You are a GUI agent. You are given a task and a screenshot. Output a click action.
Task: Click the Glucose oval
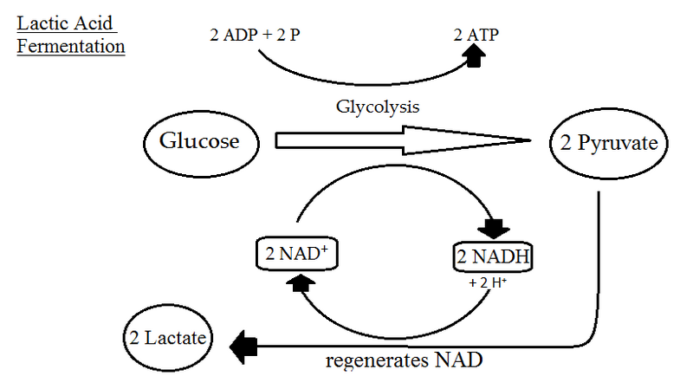coord(198,140)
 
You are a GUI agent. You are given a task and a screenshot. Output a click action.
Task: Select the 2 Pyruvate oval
coord(610,144)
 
